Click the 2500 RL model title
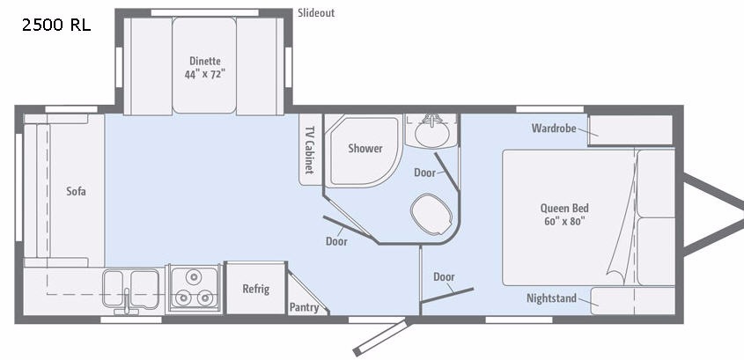[55, 25]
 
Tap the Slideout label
[316, 13]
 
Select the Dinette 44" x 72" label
[205, 68]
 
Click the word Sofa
[75, 191]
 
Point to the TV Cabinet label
[309, 147]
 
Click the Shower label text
[365, 148]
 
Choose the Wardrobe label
[553, 129]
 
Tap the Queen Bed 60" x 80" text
[564, 215]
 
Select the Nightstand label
[551, 298]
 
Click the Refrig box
[255, 288]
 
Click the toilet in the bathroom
[432, 211]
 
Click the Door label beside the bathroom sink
[424, 173]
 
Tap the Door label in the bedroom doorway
[444, 277]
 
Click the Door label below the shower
[335, 241]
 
